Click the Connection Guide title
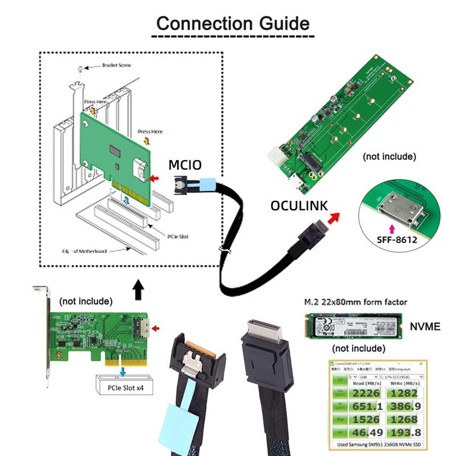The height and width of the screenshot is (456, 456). click(233, 24)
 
